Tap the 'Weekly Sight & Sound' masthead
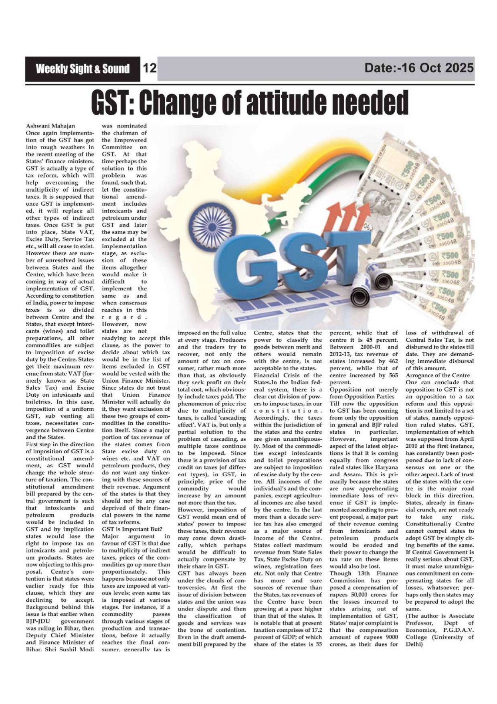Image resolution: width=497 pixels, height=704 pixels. (83, 69)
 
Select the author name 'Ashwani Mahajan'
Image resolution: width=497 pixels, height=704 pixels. (50, 126)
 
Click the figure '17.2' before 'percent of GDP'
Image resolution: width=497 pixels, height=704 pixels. (316, 630)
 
